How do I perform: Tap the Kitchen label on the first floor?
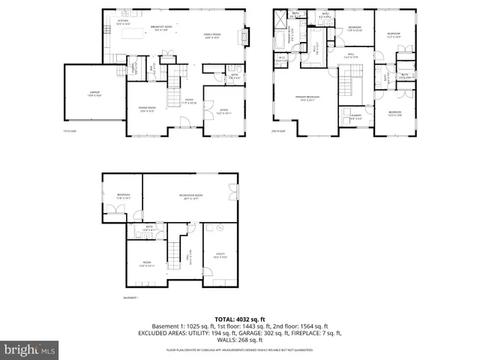pos(124,23)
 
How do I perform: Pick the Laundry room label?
pos(355,116)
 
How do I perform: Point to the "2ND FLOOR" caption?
pos(279,130)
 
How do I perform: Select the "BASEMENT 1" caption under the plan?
pos(132,298)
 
